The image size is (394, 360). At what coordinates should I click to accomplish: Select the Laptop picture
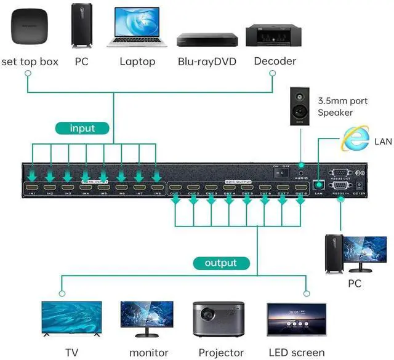[x=137, y=27]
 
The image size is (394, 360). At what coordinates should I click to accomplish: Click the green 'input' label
[x=82, y=129]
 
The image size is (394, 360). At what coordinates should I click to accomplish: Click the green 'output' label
[x=221, y=263]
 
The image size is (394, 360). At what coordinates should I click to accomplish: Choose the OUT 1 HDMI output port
[x=176, y=187]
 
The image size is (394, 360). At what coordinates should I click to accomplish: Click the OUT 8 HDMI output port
[x=300, y=187]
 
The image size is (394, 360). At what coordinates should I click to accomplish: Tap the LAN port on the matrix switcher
[x=318, y=184]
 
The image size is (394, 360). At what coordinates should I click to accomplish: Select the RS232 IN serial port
[x=340, y=185]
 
